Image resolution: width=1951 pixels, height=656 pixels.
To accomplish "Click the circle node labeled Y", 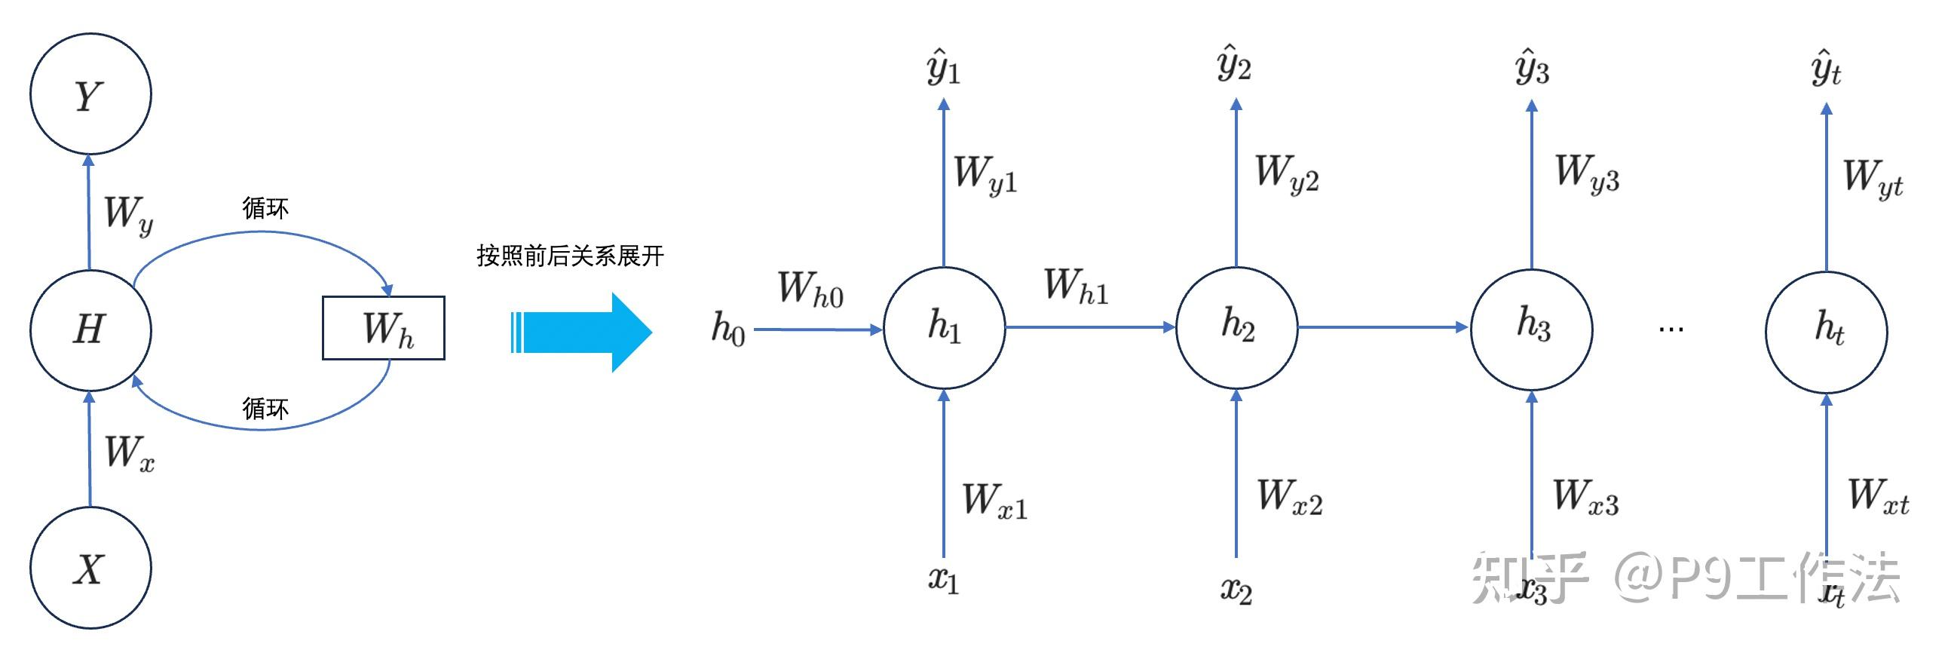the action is point(91,94).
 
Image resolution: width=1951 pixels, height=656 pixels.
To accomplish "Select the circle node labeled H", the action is point(91,330).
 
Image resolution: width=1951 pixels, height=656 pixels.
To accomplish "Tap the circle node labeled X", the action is point(91,567).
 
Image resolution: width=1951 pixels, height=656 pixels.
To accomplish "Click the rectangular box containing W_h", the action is point(383,328).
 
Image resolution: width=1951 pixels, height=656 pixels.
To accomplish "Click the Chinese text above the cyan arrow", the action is point(571,256).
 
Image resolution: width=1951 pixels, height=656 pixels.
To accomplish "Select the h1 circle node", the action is point(945,328).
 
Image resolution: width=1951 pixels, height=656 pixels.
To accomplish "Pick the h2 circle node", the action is point(1237,328).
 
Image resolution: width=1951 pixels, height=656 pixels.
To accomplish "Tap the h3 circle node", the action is point(1531,330).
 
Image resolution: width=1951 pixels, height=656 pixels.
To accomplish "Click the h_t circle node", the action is point(1827,333).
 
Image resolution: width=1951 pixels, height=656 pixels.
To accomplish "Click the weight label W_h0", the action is point(810,289).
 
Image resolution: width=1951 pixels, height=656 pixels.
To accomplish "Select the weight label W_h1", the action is point(1077,286).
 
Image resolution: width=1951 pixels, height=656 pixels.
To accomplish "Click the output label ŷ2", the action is point(1235,63).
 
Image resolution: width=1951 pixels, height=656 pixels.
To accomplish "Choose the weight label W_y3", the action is point(1588,173).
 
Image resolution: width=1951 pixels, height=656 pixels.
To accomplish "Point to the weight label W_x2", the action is point(1290,496).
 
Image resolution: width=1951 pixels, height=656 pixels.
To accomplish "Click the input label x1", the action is point(944,580).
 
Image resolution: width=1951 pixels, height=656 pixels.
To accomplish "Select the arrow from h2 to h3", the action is point(1384,327).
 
